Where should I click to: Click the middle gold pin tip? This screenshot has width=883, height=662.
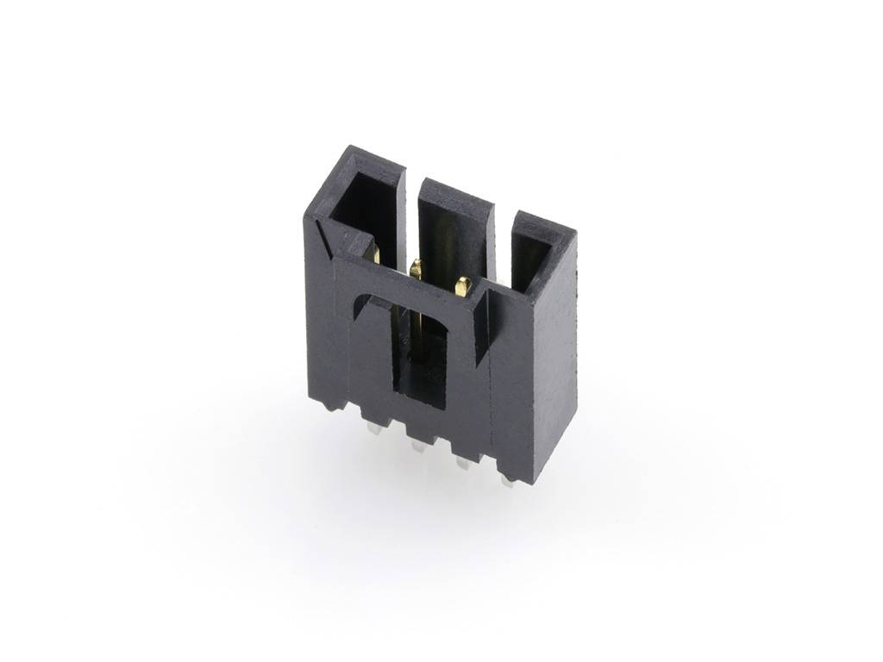[416, 268]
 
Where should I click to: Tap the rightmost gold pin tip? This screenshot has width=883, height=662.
[463, 284]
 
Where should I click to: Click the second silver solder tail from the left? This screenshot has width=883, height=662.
[417, 446]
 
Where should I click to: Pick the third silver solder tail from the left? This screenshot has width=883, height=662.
[462, 464]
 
